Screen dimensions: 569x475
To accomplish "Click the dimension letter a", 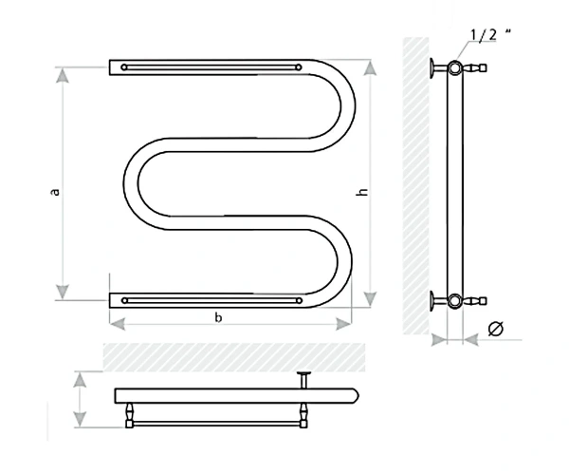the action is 55,192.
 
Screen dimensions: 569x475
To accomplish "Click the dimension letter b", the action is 218,317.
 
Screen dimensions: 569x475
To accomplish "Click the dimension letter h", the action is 362,192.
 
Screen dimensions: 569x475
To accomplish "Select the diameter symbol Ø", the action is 496,329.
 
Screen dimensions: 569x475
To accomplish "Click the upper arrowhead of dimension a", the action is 63,75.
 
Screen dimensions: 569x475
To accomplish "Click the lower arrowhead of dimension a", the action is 63,293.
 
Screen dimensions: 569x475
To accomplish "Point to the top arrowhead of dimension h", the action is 370,68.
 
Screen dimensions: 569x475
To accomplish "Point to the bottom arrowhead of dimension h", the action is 370,298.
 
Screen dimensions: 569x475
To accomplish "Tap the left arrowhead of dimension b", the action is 118,324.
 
